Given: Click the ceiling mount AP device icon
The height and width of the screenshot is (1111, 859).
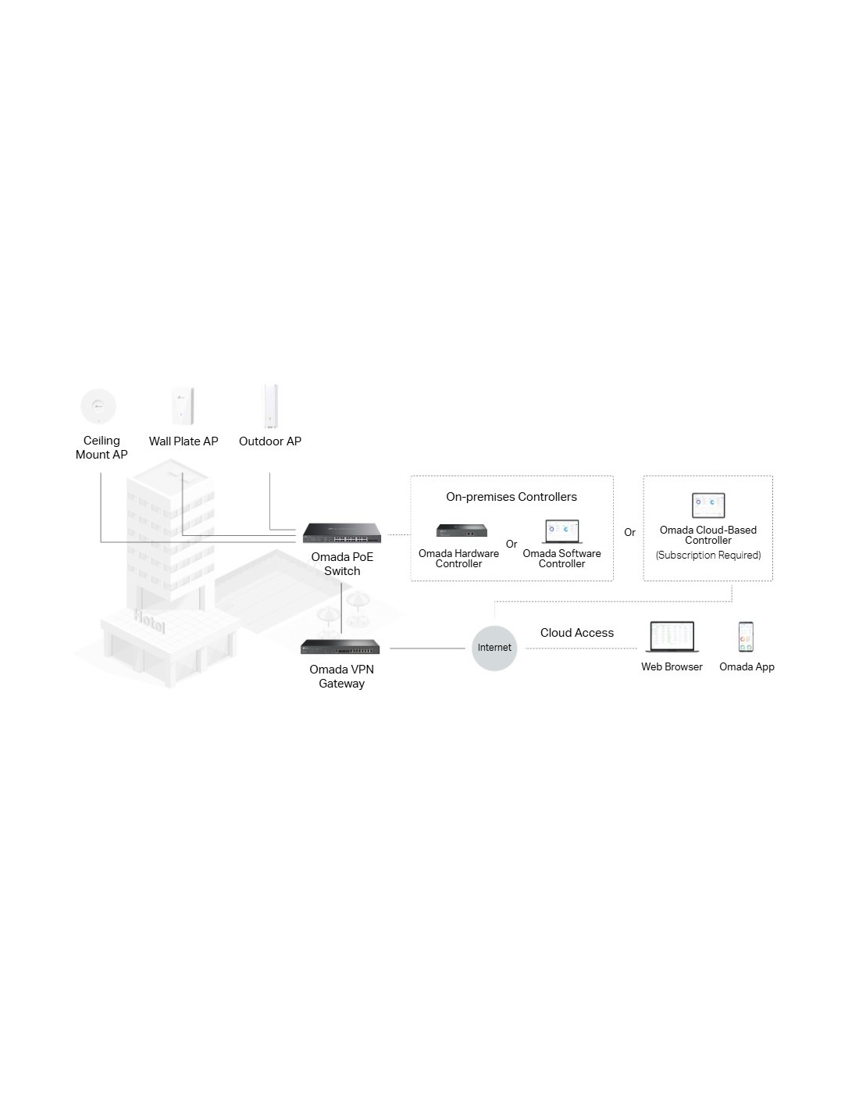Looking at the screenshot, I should [98, 405].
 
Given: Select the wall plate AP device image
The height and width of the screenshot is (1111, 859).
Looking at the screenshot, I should [183, 406].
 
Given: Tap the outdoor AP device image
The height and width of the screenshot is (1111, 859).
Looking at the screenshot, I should [270, 406].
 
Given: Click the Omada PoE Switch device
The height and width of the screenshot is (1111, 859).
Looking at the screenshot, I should [342, 533].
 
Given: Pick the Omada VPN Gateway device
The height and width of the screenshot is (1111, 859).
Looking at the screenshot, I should [340, 646].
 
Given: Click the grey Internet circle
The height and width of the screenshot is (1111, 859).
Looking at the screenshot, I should [494, 648].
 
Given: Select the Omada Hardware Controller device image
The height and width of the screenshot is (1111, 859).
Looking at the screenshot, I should [462, 531].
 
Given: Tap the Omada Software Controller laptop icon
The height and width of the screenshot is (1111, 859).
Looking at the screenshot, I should [562, 531].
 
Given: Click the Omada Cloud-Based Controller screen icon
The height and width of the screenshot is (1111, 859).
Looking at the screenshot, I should [708, 505].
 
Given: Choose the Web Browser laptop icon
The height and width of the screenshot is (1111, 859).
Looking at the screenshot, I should [672, 637].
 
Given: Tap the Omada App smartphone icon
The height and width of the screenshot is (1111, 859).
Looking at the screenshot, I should [746, 637].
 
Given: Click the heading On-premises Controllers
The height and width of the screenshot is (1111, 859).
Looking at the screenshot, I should [511, 497].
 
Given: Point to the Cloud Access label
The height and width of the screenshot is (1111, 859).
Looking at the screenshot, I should [577, 633].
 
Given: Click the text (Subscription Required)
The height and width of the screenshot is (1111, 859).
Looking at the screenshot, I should [708, 555].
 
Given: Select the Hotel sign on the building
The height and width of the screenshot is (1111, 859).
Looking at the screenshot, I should [149, 621].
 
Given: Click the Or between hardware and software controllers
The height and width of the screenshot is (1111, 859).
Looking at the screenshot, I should [511, 545].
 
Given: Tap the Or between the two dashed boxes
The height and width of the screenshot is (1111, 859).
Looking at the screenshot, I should [629, 532].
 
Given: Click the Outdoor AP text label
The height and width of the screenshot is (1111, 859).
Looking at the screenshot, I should [270, 441].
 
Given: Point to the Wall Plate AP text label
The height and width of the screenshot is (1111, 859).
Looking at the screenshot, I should [184, 441].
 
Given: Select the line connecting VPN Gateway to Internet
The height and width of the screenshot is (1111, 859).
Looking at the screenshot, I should [427, 648].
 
